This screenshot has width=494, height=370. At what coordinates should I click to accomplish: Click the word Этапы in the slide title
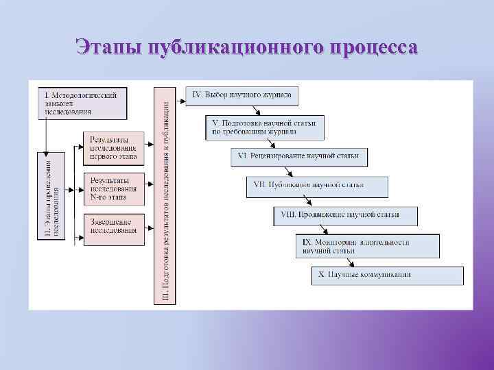108,47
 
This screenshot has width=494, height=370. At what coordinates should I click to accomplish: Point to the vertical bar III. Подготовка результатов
165,195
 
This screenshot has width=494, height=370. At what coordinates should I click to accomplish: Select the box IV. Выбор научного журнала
242,95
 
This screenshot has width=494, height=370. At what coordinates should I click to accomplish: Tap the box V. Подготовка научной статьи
265,127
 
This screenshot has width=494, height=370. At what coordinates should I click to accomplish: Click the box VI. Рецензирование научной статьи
299,157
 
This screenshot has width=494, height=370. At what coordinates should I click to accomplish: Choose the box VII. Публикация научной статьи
317,186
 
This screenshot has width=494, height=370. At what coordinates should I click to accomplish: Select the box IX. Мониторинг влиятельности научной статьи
368,246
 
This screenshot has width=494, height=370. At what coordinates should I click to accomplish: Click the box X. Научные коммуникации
387,275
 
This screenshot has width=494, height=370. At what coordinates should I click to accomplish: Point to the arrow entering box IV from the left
180,101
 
